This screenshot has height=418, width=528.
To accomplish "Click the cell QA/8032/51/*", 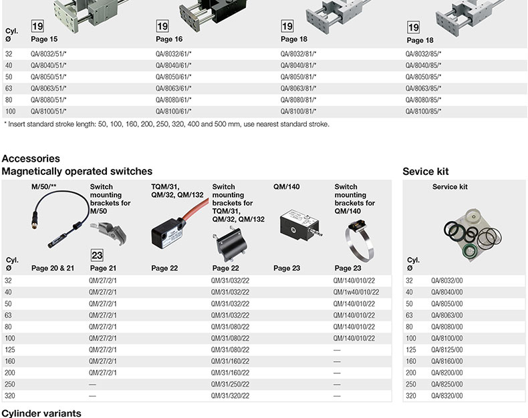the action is click(49, 54).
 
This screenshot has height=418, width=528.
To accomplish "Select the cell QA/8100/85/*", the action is click(423, 111).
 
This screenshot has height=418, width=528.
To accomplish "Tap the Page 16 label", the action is click(169, 39).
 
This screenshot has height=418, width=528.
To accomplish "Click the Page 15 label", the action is click(44, 39).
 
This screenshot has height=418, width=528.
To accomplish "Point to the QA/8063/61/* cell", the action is click(173, 88).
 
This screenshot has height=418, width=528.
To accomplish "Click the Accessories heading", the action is click(31, 158).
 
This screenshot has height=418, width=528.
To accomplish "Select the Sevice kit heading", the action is click(426, 172).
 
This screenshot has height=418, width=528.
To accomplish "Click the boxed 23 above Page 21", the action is click(97, 255).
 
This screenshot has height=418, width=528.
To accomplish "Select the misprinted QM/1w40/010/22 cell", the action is click(356, 292).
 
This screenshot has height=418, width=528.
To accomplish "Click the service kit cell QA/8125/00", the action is click(447, 350).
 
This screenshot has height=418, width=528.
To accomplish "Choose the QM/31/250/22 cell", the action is click(231, 384).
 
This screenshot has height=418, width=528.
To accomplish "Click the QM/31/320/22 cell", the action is click(231, 395).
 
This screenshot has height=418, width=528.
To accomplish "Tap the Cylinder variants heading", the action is click(41, 413).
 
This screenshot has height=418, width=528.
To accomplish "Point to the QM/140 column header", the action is click(287, 187).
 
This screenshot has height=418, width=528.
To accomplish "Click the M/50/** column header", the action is click(43, 186).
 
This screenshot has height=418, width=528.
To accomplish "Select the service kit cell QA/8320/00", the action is click(447, 395).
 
